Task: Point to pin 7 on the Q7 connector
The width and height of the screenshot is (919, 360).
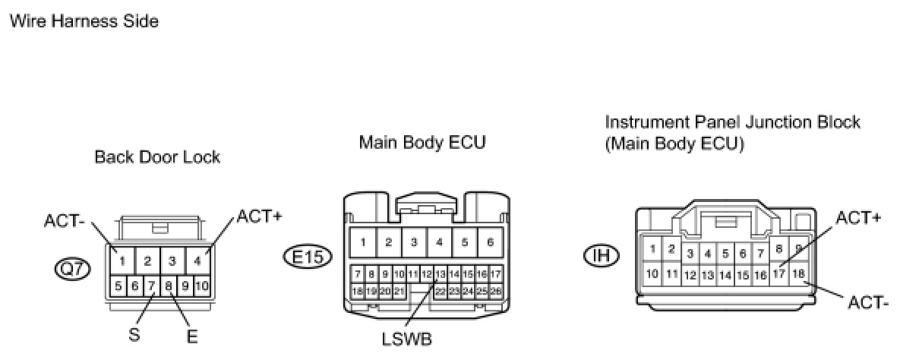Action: (x=152, y=286)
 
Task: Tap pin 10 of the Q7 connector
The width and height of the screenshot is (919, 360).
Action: (x=201, y=286)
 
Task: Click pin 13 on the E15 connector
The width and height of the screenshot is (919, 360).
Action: (x=440, y=273)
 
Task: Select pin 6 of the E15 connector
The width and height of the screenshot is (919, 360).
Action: (x=490, y=243)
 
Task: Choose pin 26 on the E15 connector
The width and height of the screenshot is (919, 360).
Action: (x=495, y=291)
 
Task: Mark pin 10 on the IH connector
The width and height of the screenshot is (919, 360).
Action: (x=652, y=273)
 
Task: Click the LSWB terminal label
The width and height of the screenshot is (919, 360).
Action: (x=408, y=339)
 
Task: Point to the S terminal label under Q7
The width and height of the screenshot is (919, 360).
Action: (x=134, y=333)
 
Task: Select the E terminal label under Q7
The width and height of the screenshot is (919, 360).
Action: (x=192, y=335)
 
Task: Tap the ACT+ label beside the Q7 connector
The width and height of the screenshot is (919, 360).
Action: (x=259, y=216)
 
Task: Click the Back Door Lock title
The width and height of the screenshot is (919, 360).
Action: (x=157, y=157)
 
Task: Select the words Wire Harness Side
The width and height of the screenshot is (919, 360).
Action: (x=84, y=21)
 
